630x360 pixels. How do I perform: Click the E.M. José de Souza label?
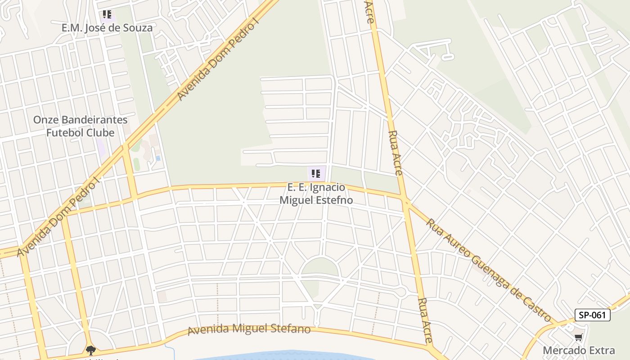coord(107,28)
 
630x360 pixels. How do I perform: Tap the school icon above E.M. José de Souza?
coord(107,14)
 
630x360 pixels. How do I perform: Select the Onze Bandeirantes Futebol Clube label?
coord(81,126)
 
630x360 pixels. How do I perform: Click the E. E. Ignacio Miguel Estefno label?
coord(316,193)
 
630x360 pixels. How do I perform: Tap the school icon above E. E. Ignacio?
coord(316,173)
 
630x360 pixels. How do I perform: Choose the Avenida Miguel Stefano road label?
coord(249,329)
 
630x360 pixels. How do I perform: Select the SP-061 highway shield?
coord(592,315)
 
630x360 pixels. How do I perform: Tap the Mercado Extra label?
coord(579,351)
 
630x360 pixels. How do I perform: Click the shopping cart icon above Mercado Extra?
coord(578,337)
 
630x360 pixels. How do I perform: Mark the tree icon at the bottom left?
coord(91,350)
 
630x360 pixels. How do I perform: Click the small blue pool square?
coord(158,158)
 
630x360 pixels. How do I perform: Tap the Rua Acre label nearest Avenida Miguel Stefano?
coord(425,320)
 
